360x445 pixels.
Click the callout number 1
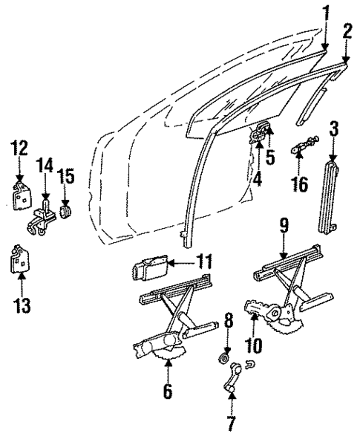(325, 12)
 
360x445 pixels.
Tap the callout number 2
(346, 30)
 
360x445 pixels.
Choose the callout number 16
(301, 183)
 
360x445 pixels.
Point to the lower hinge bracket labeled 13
(20, 261)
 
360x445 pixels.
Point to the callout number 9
(284, 224)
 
